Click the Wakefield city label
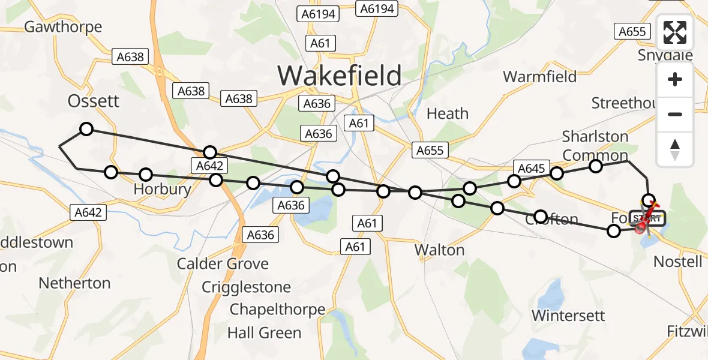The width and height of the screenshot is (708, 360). tap(340, 76)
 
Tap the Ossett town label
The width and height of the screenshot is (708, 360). tap(94, 101)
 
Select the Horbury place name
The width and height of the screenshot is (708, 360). tap(162, 190)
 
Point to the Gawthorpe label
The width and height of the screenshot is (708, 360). tap(63, 27)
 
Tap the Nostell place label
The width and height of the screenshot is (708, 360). tap(677, 262)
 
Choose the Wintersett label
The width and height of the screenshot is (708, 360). tap(568, 315)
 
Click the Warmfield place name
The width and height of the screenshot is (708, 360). tap(539, 76)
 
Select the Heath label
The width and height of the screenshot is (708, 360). tap(447, 113)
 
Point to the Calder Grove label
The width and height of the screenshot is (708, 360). tap(223, 263)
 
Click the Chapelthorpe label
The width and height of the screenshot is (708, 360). tap(277, 310)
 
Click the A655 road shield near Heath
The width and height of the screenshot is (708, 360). tap(430, 151)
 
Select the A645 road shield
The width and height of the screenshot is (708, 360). tap(531, 169)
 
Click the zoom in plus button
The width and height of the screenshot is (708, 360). tap(675, 80)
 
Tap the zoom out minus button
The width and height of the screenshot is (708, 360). tap(675, 114)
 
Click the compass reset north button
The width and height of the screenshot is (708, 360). tap(675, 149)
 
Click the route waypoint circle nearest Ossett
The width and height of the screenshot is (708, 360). tap(86, 129)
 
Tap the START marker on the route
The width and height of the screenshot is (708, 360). tap(648, 219)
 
